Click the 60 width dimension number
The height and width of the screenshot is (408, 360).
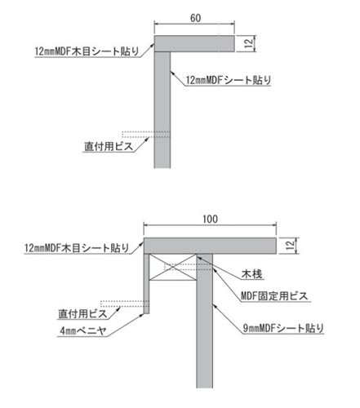coord(195,18)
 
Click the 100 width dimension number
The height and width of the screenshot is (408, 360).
coord(210,220)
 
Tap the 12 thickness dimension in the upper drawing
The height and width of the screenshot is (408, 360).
coord(248,43)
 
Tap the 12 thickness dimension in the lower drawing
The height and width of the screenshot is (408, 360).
coord(291,246)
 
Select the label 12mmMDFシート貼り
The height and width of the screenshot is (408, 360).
coord(229,80)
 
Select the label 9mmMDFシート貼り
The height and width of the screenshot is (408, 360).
coord(283,328)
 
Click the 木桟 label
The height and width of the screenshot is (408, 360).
coord(252,274)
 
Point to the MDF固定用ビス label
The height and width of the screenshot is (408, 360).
coord(274,295)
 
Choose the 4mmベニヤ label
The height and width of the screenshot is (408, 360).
coord(83,331)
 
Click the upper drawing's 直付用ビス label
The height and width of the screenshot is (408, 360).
coord(109,147)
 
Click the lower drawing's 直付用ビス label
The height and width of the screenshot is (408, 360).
coord(82,314)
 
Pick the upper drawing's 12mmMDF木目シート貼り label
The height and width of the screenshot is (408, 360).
coord(87,51)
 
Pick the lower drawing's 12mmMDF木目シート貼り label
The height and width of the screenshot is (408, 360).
coord(77,248)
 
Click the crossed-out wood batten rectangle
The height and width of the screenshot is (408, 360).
coord(173,267)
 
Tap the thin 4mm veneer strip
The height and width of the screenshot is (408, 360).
coord(146,284)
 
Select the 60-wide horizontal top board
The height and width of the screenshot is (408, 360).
coord(194,43)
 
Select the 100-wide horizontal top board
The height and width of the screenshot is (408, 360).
coord(210,246)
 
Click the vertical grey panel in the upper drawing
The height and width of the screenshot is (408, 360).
coord(162,110)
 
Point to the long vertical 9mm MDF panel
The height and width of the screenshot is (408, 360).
coord(204,321)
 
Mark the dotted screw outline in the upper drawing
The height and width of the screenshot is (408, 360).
coord(146,135)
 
